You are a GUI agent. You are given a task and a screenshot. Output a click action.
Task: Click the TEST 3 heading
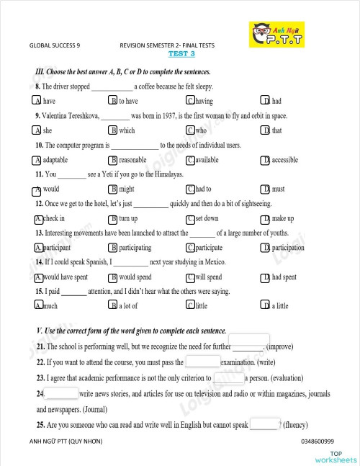click(181, 53)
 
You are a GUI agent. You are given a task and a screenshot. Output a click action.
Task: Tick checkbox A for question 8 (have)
click(37, 102)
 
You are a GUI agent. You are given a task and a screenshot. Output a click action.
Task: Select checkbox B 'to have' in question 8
click(113, 102)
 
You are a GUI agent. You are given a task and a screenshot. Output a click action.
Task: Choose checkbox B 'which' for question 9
click(113, 130)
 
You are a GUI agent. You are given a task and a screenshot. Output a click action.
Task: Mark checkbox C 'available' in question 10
click(190, 160)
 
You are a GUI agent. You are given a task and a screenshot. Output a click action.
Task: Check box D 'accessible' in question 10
click(266, 160)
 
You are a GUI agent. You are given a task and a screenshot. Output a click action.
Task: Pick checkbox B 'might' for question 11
click(113, 189)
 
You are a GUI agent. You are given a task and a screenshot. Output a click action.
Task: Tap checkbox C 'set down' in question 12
click(190, 218)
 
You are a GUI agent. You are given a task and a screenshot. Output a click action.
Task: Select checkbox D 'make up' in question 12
click(266, 218)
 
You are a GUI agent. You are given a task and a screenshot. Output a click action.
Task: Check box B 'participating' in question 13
click(113, 248)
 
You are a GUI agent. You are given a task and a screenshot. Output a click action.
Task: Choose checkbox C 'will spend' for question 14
click(190, 277)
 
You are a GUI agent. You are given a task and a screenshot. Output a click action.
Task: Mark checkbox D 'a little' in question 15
click(266, 306)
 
